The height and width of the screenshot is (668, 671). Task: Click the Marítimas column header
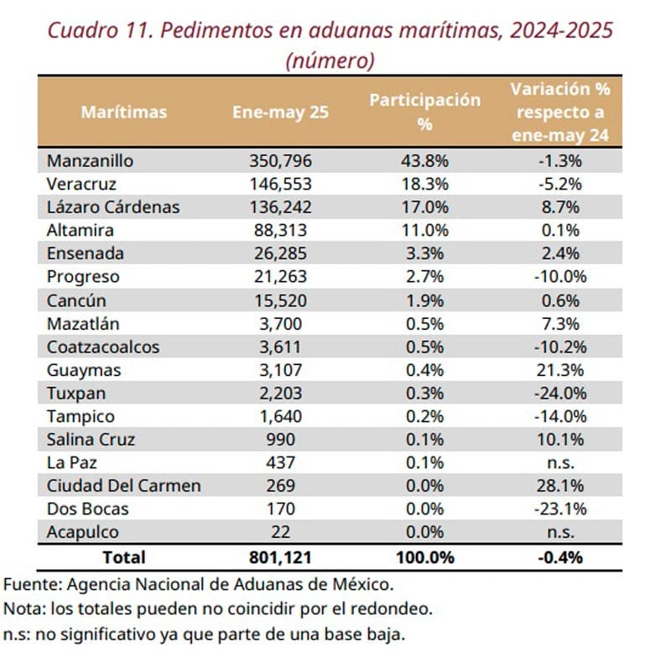pyautogui.click(x=123, y=112)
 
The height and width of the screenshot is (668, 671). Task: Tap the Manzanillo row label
pyautogui.click(x=91, y=160)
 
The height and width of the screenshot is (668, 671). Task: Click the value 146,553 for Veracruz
pyautogui.click(x=278, y=184)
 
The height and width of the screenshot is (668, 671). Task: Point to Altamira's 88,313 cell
pyautogui.click(x=278, y=230)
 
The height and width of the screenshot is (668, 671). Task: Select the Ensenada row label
pyautogui.click(x=86, y=253)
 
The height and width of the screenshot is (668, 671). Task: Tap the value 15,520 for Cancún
pyautogui.click(x=278, y=300)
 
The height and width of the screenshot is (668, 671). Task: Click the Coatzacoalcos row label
pyautogui.click(x=103, y=346)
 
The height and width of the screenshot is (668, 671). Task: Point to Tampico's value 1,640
pyautogui.click(x=278, y=415)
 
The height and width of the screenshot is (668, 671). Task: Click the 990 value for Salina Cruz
pyautogui.click(x=278, y=439)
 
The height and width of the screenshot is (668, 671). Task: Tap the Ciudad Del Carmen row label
pyautogui.click(x=123, y=485)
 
